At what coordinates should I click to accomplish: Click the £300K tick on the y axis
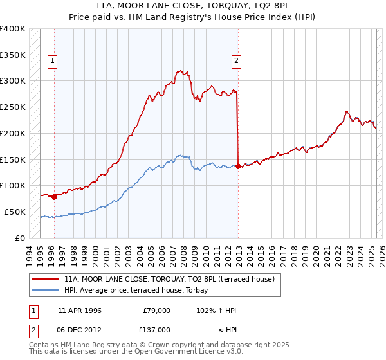[12, 81]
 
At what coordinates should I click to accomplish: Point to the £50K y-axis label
[14, 212]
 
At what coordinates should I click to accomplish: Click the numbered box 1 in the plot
[53, 61]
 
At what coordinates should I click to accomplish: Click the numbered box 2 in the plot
[237, 61]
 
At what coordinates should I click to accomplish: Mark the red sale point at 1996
[54, 197]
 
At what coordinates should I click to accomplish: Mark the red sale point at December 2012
[239, 166]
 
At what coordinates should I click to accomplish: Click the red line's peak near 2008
[180, 71]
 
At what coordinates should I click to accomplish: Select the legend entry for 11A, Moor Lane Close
[169, 279]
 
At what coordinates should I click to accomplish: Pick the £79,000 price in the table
[156, 310]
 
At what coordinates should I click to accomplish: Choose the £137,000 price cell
[156, 329]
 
